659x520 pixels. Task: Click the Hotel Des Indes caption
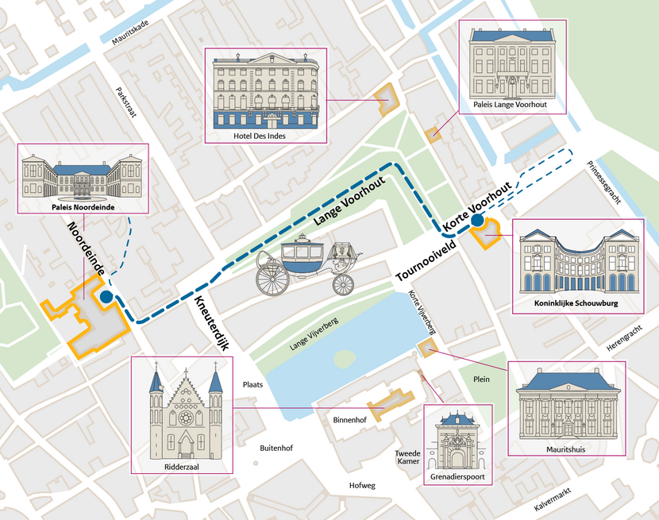(265, 135)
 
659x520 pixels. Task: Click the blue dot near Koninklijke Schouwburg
(478, 221)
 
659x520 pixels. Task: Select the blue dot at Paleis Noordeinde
(106, 297)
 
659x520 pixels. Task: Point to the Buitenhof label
(276, 449)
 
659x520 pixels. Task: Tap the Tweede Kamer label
(407, 457)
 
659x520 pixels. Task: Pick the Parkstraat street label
(126, 102)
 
